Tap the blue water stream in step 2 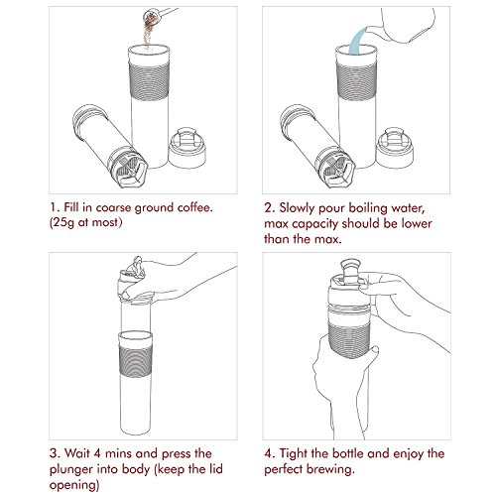[x=357, y=41]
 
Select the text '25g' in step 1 [x=63, y=222]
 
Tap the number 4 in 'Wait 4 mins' [x=96, y=453]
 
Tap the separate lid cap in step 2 [x=394, y=148]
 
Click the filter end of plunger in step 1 [x=128, y=168]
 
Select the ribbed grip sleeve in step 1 [x=149, y=80]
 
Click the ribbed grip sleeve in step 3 [x=136, y=361]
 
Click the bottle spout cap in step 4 [x=350, y=271]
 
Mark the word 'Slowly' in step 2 [x=296, y=208]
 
